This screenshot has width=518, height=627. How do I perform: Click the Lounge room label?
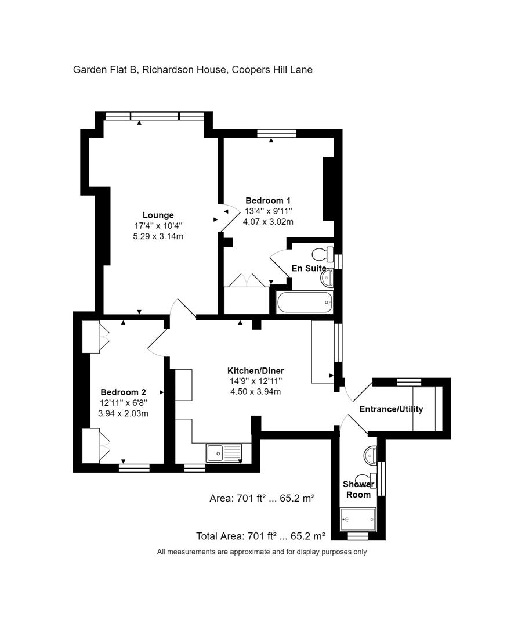coord(158,215)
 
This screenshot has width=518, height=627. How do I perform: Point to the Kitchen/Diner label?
coord(256,371)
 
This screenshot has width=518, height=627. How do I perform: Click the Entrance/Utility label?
coord(391,409)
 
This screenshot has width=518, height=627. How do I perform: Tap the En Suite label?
coord(309,268)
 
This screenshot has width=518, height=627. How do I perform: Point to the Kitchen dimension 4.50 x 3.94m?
coord(256,391)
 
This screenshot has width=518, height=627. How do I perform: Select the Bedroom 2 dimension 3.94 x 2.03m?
coord(123,413)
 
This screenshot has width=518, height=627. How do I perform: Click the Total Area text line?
coord(261,536)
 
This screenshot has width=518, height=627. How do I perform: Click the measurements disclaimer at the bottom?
coord(262,552)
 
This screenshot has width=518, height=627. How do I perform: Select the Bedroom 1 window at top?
coord(277,134)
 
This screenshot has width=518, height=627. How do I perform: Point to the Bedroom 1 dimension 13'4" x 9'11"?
coord(268,211)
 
